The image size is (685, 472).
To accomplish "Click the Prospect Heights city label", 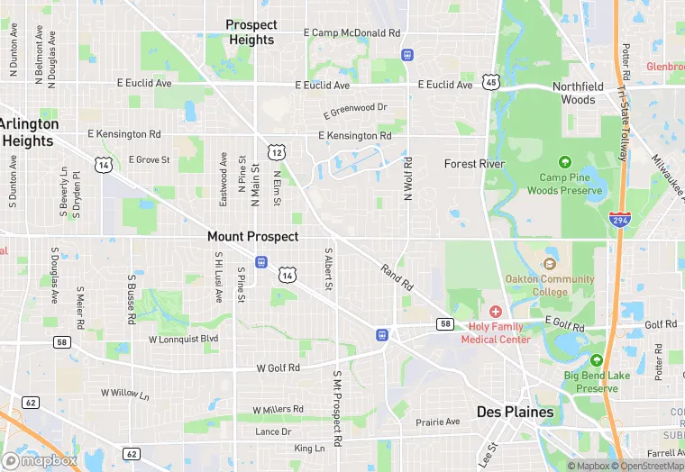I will (x=251, y=32).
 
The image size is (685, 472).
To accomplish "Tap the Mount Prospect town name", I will (x=252, y=236).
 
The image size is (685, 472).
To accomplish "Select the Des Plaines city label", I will (x=515, y=412).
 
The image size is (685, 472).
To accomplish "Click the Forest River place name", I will (x=474, y=164).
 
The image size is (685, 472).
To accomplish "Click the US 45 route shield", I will (x=490, y=82).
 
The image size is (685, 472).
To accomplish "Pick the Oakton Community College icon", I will (x=549, y=264).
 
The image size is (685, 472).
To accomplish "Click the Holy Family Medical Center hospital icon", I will (x=496, y=311).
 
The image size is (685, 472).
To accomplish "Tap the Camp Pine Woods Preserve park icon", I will (x=565, y=162).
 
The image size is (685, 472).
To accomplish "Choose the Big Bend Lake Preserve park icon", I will (x=595, y=360).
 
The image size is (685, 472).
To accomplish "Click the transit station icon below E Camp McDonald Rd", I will (x=407, y=55).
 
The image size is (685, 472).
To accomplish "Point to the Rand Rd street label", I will (x=397, y=277).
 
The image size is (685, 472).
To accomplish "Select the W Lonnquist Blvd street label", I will (x=183, y=339).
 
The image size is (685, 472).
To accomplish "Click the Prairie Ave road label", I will (x=438, y=422).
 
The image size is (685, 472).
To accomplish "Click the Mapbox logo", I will (x=41, y=459).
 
